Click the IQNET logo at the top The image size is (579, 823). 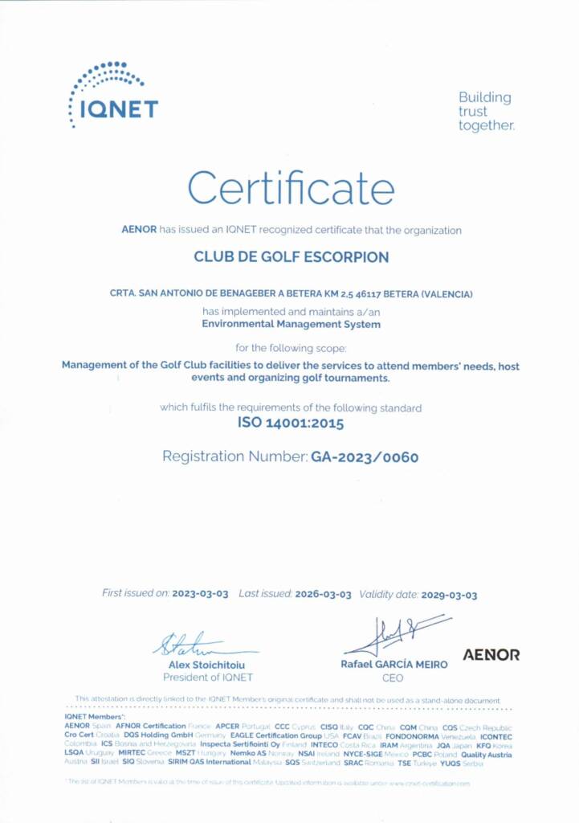click(x=113, y=95)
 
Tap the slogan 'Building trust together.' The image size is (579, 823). click(x=486, y=112)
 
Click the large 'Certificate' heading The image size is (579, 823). click(x=291, y=188)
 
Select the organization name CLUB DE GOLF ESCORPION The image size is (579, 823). click(x=292, y=258)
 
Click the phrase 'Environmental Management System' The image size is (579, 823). click(x=291, y=325)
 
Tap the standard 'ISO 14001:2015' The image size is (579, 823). click(x=291, y=423)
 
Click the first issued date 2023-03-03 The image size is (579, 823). click(x=200, y=594)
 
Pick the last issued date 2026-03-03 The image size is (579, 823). click(x=323, y=594)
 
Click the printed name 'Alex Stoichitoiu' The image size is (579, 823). click(x=207, y=665)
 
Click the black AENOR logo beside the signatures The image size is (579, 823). click(x=491, y=655)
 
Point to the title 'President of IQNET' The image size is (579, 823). click(x=207, y=678)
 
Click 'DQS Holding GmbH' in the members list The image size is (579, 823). click(x=158, y=735)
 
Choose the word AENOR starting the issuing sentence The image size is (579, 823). click(x=139, y=230)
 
